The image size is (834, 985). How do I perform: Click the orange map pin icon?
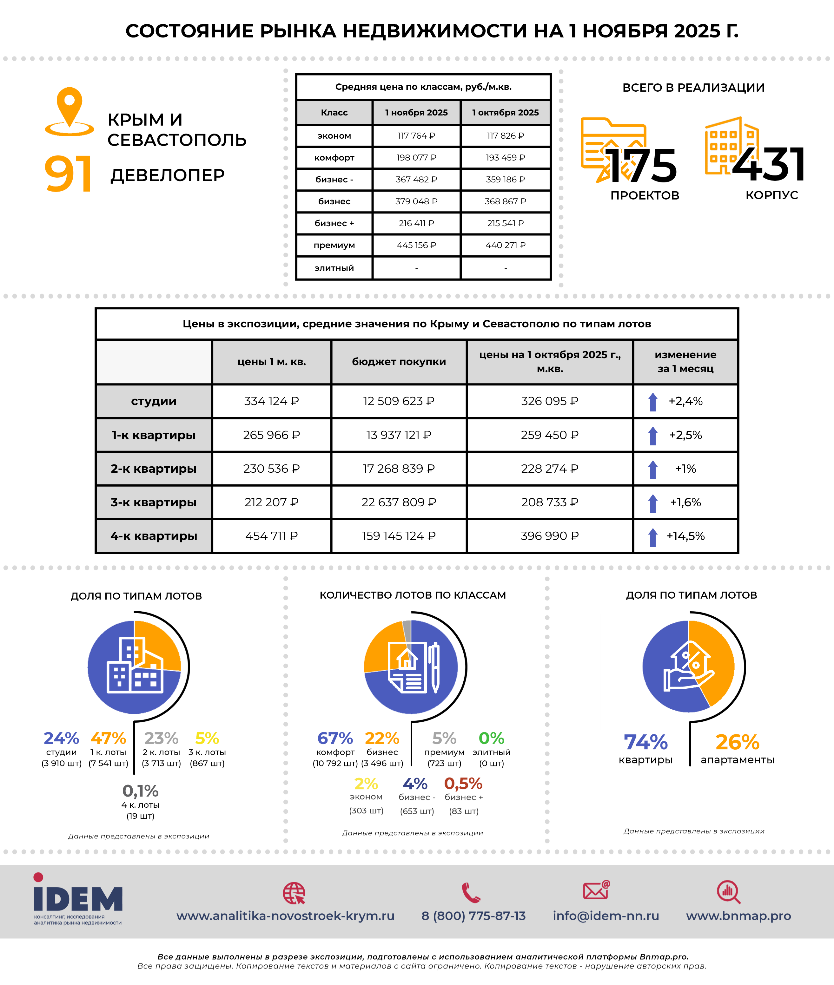(69, 111)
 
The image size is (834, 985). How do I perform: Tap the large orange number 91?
(68, 174)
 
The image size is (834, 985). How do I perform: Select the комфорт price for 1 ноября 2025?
(416, 157)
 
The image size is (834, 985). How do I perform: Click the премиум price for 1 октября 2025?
(506, 245)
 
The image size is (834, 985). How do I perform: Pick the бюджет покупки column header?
(399, 362)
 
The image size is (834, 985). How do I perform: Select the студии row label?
(154, 401)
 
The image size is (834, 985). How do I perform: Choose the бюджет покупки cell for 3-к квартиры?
(399, 502)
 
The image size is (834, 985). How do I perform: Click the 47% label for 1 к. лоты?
(108, 738)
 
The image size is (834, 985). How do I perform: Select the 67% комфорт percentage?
(335, 738)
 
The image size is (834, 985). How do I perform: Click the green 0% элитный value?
(491, 738)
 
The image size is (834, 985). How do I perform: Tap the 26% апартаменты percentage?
(737, 742)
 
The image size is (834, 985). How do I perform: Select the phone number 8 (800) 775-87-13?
(473, 916)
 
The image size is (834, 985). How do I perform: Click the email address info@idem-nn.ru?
(606, 916)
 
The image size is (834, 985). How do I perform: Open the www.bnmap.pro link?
(738, 916)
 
